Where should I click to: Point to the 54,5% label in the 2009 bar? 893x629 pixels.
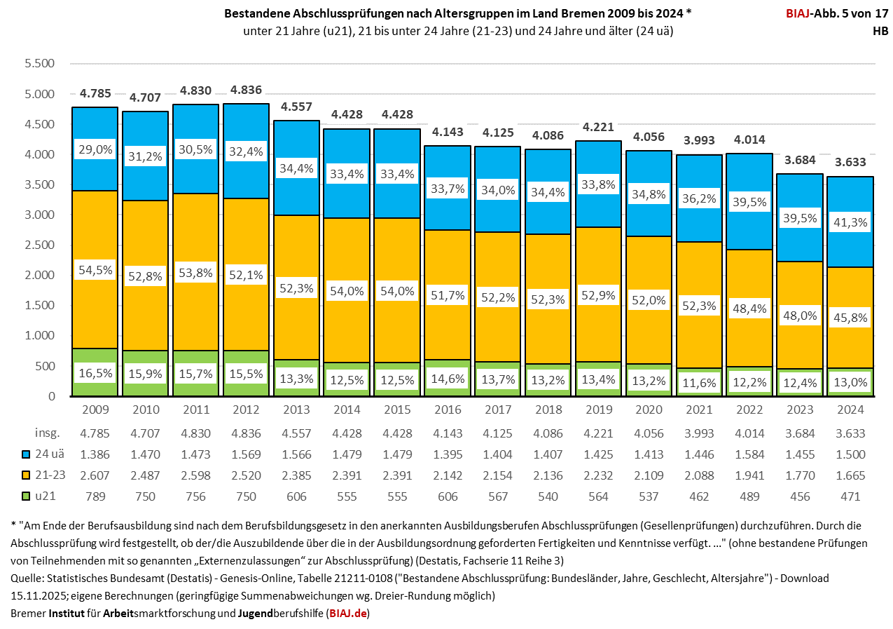pyautogui.click(x=95, y=270)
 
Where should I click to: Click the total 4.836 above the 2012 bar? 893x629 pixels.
pyautogui.click(x=245, y=90)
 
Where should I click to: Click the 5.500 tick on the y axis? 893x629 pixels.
pyautogui.click(x=40, y=64)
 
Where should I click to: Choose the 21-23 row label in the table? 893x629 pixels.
pyautogui.click(x=50, y=475)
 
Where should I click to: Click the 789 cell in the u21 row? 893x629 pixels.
pyautogui.click(x=95, y=496)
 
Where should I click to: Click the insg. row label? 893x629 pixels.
pyautogui.click(x=48, y=433)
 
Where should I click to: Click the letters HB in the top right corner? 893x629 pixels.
pyautogui.click(x=880, y=31)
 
